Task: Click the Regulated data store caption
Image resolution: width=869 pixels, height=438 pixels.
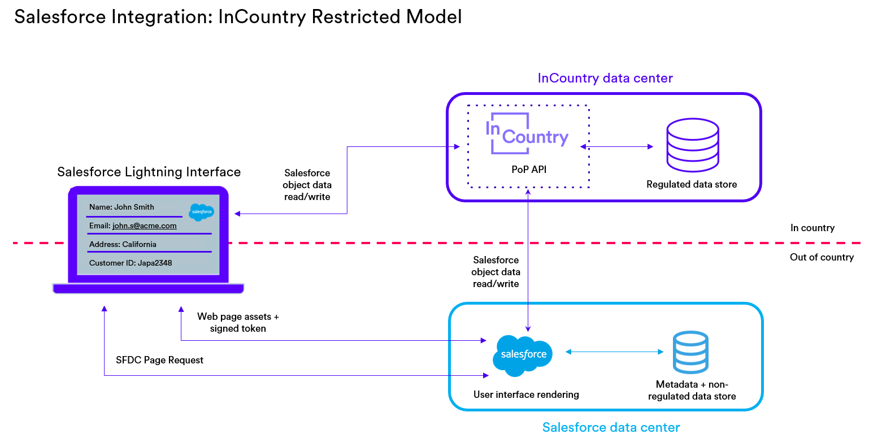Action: [692, 184]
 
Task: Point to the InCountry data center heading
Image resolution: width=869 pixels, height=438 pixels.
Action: [605, 78]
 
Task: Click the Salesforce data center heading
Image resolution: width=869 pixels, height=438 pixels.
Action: [611, 427]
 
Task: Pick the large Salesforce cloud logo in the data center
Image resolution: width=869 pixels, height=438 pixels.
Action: [523, 354]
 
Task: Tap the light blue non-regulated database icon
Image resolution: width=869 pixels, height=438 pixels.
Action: [690, 353]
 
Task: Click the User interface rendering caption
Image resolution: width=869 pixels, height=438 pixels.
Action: [526, 394]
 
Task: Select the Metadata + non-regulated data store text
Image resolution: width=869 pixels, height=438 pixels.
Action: [692, 391]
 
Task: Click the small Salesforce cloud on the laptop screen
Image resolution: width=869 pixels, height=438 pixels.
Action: [202, 212]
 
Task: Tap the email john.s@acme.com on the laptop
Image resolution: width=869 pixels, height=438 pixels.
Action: [144, 225]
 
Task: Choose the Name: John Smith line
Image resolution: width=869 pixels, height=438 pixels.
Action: [121, 207]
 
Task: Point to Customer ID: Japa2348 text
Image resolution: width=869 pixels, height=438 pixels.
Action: [131, 263]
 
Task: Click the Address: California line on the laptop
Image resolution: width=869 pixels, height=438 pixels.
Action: [123, 244]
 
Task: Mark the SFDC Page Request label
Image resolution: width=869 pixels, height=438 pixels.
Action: [159, 360]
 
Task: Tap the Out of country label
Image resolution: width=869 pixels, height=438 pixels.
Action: [822, 258]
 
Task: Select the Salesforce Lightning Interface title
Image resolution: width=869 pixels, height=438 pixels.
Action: [149, 172]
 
